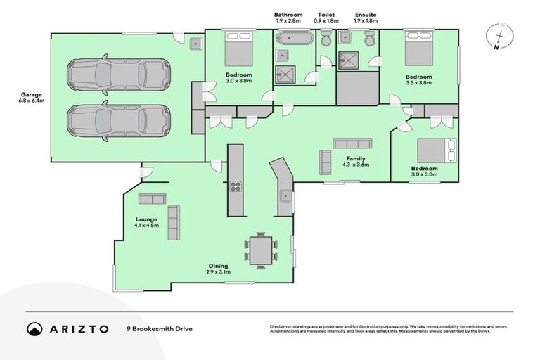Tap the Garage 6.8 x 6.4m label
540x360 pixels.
31,97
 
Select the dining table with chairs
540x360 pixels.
261,250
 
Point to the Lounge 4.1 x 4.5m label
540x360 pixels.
147,223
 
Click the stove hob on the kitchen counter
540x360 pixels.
236,187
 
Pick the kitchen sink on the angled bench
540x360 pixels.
285,195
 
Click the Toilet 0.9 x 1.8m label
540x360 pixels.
327,18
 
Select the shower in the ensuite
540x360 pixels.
348,59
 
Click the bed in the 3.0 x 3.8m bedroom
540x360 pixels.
238,49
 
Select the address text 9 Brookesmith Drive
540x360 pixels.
158,328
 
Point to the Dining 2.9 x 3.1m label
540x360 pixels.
218,269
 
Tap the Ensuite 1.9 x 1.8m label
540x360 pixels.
366,18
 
